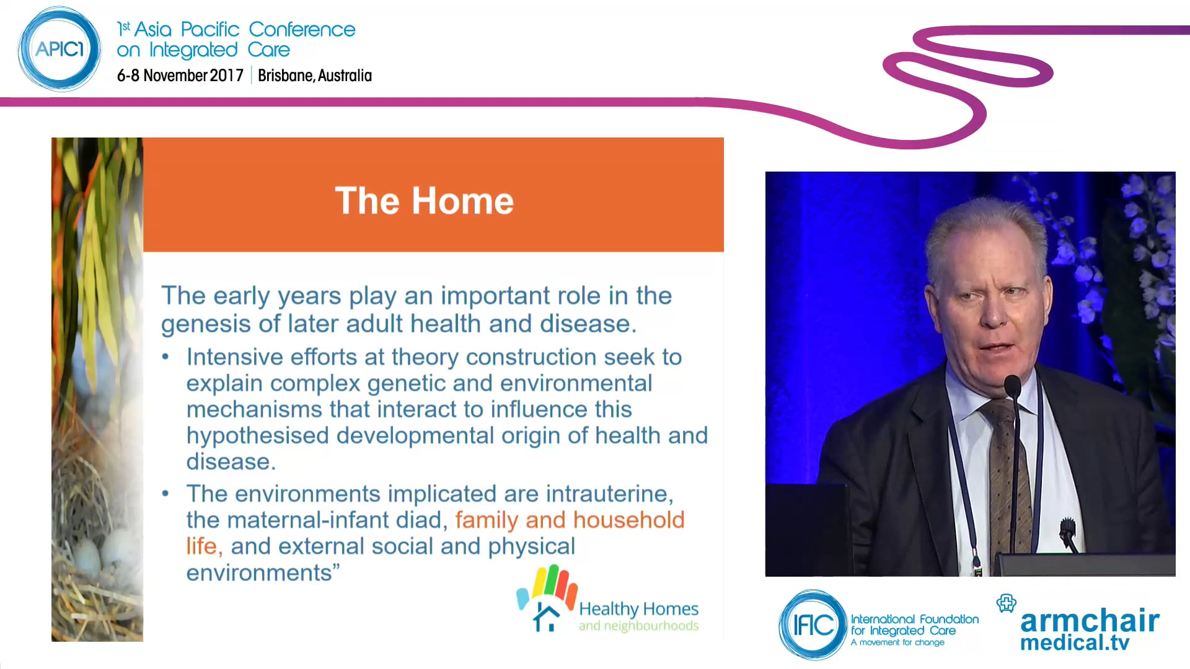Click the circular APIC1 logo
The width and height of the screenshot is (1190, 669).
click(59, 49)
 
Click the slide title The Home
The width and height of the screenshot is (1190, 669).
click(424, 201)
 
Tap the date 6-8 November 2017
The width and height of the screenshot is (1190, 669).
click(180, 76)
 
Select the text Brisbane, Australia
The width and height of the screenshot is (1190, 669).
click(314, 76)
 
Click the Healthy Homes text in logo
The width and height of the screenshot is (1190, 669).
click(638, 609)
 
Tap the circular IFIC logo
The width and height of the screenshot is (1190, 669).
click(813, 624)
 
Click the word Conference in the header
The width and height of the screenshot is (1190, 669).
click(302, 29)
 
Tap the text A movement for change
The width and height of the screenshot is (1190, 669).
click(897, 642)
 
